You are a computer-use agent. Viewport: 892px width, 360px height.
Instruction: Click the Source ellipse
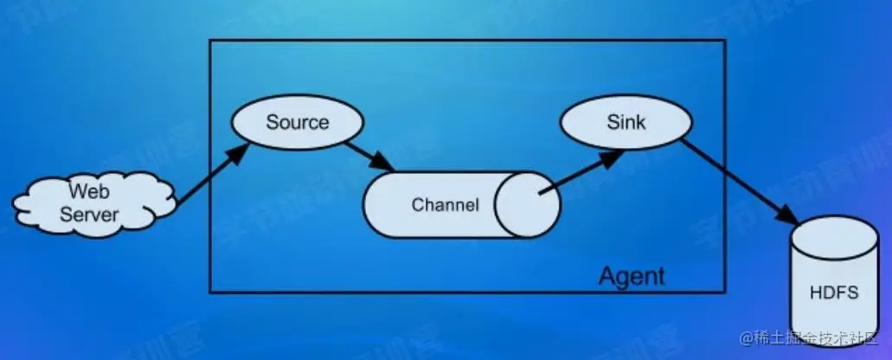[x=297, y=123]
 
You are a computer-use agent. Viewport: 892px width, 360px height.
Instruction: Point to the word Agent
[x=632, y=276]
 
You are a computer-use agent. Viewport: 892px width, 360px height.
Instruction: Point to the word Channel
[x=445, y=205]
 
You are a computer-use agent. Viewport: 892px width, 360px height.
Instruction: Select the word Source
[x=297, y=122]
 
